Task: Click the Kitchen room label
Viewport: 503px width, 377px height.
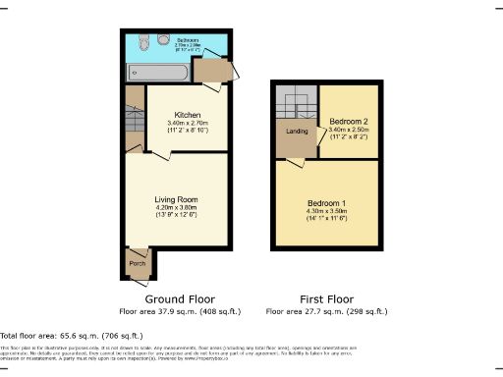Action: tap(188, 113)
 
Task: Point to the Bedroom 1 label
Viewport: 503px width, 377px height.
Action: tap(327, 202)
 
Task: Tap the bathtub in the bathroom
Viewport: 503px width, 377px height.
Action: tap(151, 73)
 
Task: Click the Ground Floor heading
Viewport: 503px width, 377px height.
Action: tap(180, 298)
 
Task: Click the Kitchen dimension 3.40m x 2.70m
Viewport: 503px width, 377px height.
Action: tap(188, 123)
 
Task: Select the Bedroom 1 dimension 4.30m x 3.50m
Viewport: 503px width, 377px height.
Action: tap(327, 212)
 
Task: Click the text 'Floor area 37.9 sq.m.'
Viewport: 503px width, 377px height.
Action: tap(161, 311)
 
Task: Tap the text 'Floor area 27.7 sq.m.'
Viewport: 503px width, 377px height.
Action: tap(307, 311)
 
